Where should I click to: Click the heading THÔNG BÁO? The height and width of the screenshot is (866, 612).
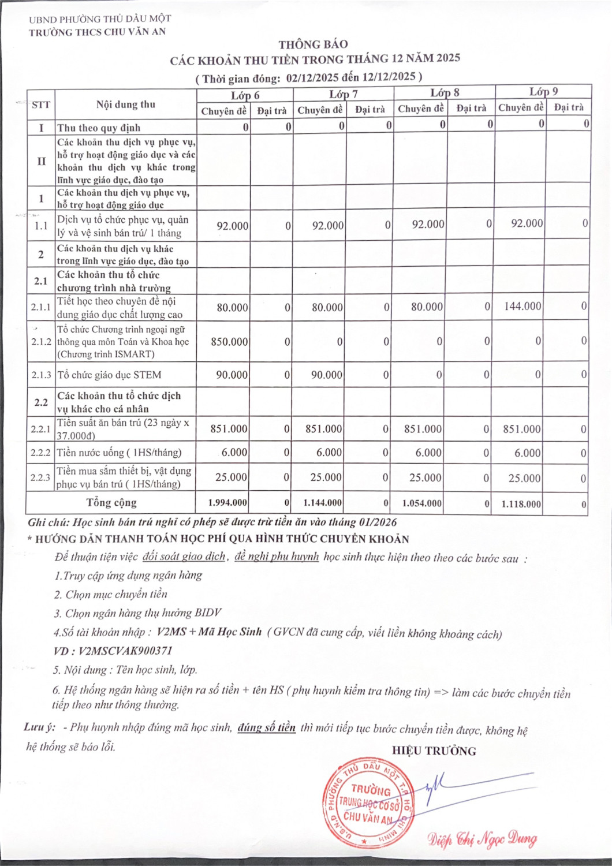pyautogui.click(x=313, y=44)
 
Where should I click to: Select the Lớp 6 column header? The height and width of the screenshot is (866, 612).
pyautogui.click(x=245, y=95)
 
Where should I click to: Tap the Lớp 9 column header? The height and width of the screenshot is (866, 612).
pyautogui.click(x=543, y=91)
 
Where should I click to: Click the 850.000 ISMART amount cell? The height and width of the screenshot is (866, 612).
pyautogui.click(x=229, y=342)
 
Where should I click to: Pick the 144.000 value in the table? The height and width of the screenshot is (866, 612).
pyautogui.click(x=523, y=306)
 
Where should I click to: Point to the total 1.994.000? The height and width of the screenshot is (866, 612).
pyautogui.click(x=227, y=503)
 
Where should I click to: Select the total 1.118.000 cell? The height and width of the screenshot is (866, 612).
pyautogui.click(x=521, y=504)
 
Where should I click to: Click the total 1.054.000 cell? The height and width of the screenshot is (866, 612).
pyautogui.click(x=421, y=503)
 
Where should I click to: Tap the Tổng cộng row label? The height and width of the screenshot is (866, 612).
pyautogui.click(x=111, y=502)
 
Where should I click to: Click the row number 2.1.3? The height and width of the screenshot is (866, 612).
pyautogui.click(x=41, y=375)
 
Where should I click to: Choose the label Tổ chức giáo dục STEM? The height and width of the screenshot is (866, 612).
pyautogui.click(x=109, y=375)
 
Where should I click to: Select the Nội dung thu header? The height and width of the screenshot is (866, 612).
pyautogui.click(x=125, y=104)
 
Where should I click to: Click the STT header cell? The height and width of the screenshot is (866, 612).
pyautogui.click(x=41, y=104)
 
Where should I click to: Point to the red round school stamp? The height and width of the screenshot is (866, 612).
pyautogui.click(x=368, y=803)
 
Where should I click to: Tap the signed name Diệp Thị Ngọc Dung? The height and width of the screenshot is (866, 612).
pyautogui.click(x=482, y=839)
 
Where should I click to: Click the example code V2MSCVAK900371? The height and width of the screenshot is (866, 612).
pyautogui.click(x=125, y=651)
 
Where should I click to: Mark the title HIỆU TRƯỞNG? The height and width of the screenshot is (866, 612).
pyautogui.click(x=434, y=751)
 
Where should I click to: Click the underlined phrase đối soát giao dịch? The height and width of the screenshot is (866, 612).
pyautogui.click(x=184, y=557)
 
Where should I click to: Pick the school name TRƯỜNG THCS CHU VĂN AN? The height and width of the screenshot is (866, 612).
pyautogui.click(x=98, y=32)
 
